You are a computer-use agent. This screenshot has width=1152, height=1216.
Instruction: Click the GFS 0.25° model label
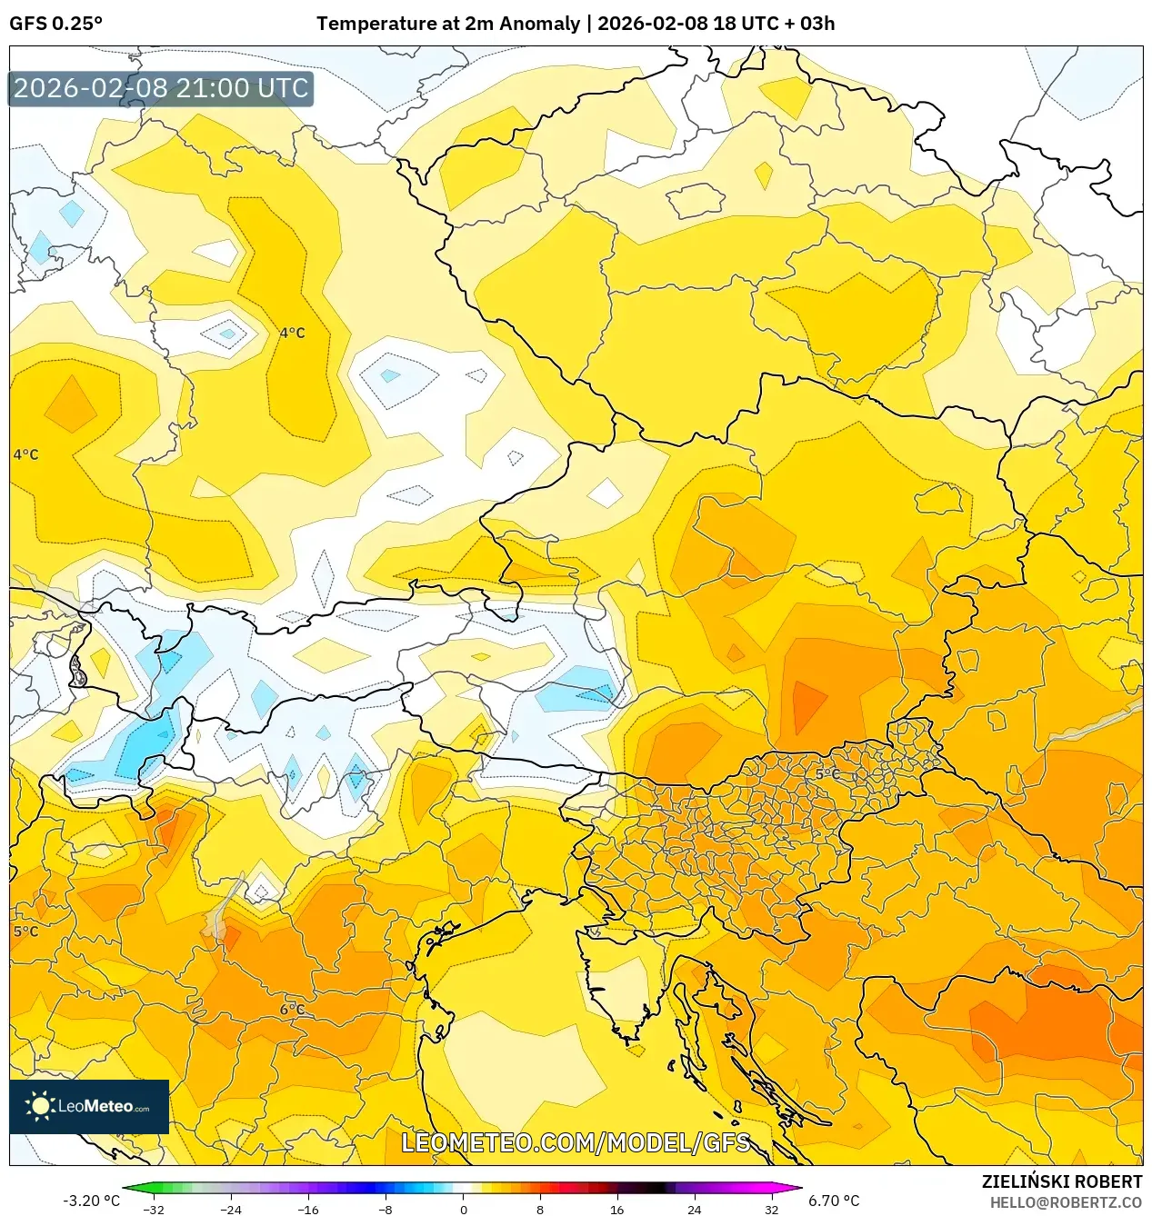coord(55,24)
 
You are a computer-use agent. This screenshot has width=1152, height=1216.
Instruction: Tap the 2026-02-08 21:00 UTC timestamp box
coord(161,88)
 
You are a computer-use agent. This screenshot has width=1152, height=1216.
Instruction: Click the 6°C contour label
coord(292,1010)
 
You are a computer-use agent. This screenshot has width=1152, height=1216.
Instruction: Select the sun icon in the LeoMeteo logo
coord(39,1106)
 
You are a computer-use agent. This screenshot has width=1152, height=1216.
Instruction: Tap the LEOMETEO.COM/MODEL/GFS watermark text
coord(576,1142)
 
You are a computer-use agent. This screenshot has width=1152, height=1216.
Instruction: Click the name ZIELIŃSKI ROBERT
coord(1061,1181)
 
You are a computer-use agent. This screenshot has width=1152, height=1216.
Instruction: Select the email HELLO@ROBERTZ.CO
coord(1065,1202)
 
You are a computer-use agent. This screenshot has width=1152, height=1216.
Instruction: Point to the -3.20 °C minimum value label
coord(91,1201)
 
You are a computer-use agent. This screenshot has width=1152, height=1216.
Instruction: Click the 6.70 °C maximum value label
coord(834,1201)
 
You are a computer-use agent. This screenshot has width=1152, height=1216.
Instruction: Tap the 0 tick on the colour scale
coord(463,1209)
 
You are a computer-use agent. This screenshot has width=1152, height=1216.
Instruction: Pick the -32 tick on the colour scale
coord(154,1209)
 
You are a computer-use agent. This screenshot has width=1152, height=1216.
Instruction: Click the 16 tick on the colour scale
coord(616,1209)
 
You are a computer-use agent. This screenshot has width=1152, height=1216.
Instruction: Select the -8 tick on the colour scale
coord(386,1209)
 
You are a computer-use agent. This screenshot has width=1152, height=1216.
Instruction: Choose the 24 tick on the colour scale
coord(694,1209)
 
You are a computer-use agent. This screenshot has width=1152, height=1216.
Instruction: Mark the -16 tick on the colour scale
coord(308,1209)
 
